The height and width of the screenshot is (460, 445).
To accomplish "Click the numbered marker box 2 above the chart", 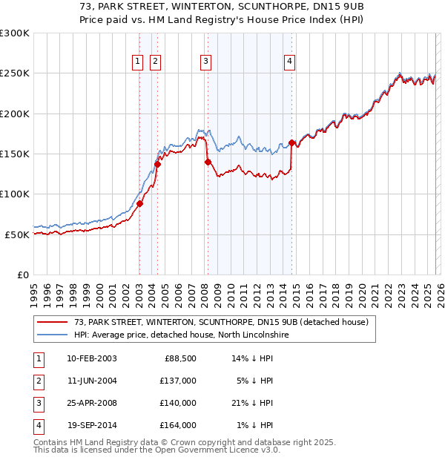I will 156,62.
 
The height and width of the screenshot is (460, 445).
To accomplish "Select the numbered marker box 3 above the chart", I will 205,62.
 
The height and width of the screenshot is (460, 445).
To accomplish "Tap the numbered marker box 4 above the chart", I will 289,62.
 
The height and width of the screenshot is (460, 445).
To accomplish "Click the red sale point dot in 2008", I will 208,162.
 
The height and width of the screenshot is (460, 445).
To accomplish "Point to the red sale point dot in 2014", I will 291,142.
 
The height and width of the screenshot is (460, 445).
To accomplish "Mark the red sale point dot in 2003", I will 139,203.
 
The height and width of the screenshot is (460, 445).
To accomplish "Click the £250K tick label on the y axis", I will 15,73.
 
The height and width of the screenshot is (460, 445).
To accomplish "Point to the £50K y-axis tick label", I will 17,234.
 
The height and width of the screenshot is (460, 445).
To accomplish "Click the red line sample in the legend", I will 53,322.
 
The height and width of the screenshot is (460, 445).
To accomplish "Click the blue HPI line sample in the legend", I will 53,335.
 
